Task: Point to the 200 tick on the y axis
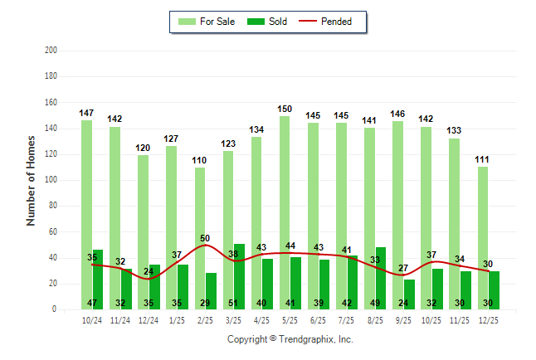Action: [x=51, y=51]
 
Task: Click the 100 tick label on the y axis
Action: [x=51, y=180]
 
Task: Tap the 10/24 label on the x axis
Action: [x=92, y=319]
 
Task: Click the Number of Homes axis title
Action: [x=32, y=180]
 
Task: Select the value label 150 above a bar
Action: [x=285, y=109]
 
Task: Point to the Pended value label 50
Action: [x=205, y=238]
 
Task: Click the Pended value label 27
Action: [x=403, y=268]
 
